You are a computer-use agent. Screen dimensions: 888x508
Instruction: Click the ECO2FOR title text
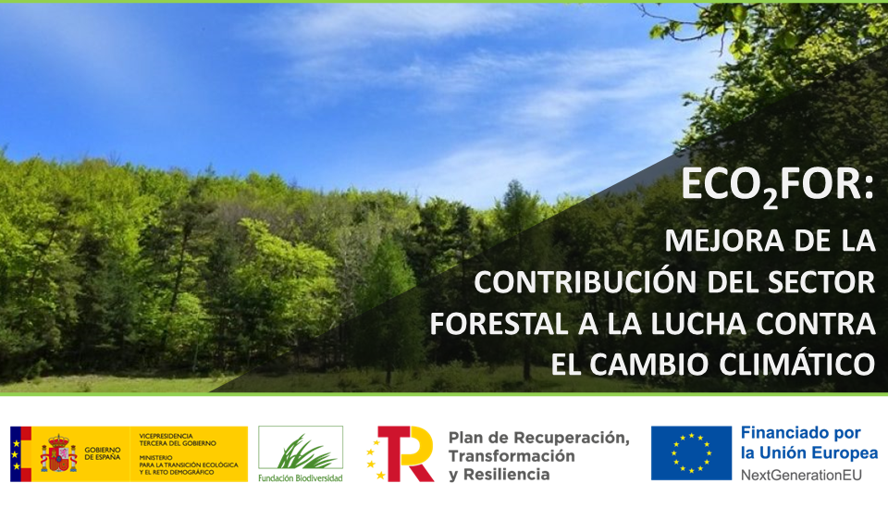pyautogui.click(x=778, y=186)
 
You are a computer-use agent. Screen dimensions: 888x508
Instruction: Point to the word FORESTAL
pyautogui.click(x=499, y=324)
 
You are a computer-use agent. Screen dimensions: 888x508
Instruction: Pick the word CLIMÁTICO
pyautogui.click(x=797, y=365)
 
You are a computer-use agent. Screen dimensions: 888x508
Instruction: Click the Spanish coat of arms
pyautogui.click(x=58, y=453)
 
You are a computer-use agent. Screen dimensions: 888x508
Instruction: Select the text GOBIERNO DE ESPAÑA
pyautogui.click(x=103, y=453)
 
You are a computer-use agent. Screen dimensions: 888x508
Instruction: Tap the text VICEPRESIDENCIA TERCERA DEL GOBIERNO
pyautogui.click(x=178, y=440)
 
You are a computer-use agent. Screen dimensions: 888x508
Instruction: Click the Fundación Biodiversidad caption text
pyautogui.click(x=301, y=478)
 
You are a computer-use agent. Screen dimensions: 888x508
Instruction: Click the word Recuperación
pyautogui.click(x=572, y=438)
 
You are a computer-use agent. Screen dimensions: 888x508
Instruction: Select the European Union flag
pyautogui.click(x=692, y=453)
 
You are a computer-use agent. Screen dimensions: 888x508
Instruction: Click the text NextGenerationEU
pyautogui.click(x=801, y=476)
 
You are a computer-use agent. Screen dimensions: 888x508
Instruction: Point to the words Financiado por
pyautogui.click(x=801, y=433)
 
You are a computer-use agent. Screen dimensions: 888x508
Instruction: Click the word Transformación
pyautogui.click(x=512, y=456)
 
